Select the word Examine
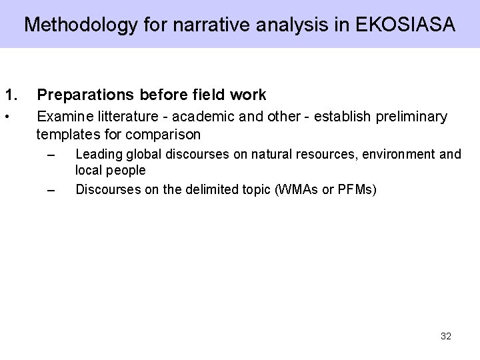pyautogui.click(x=63, y=117)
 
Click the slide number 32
pyautogui.click(x=446, y=336)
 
